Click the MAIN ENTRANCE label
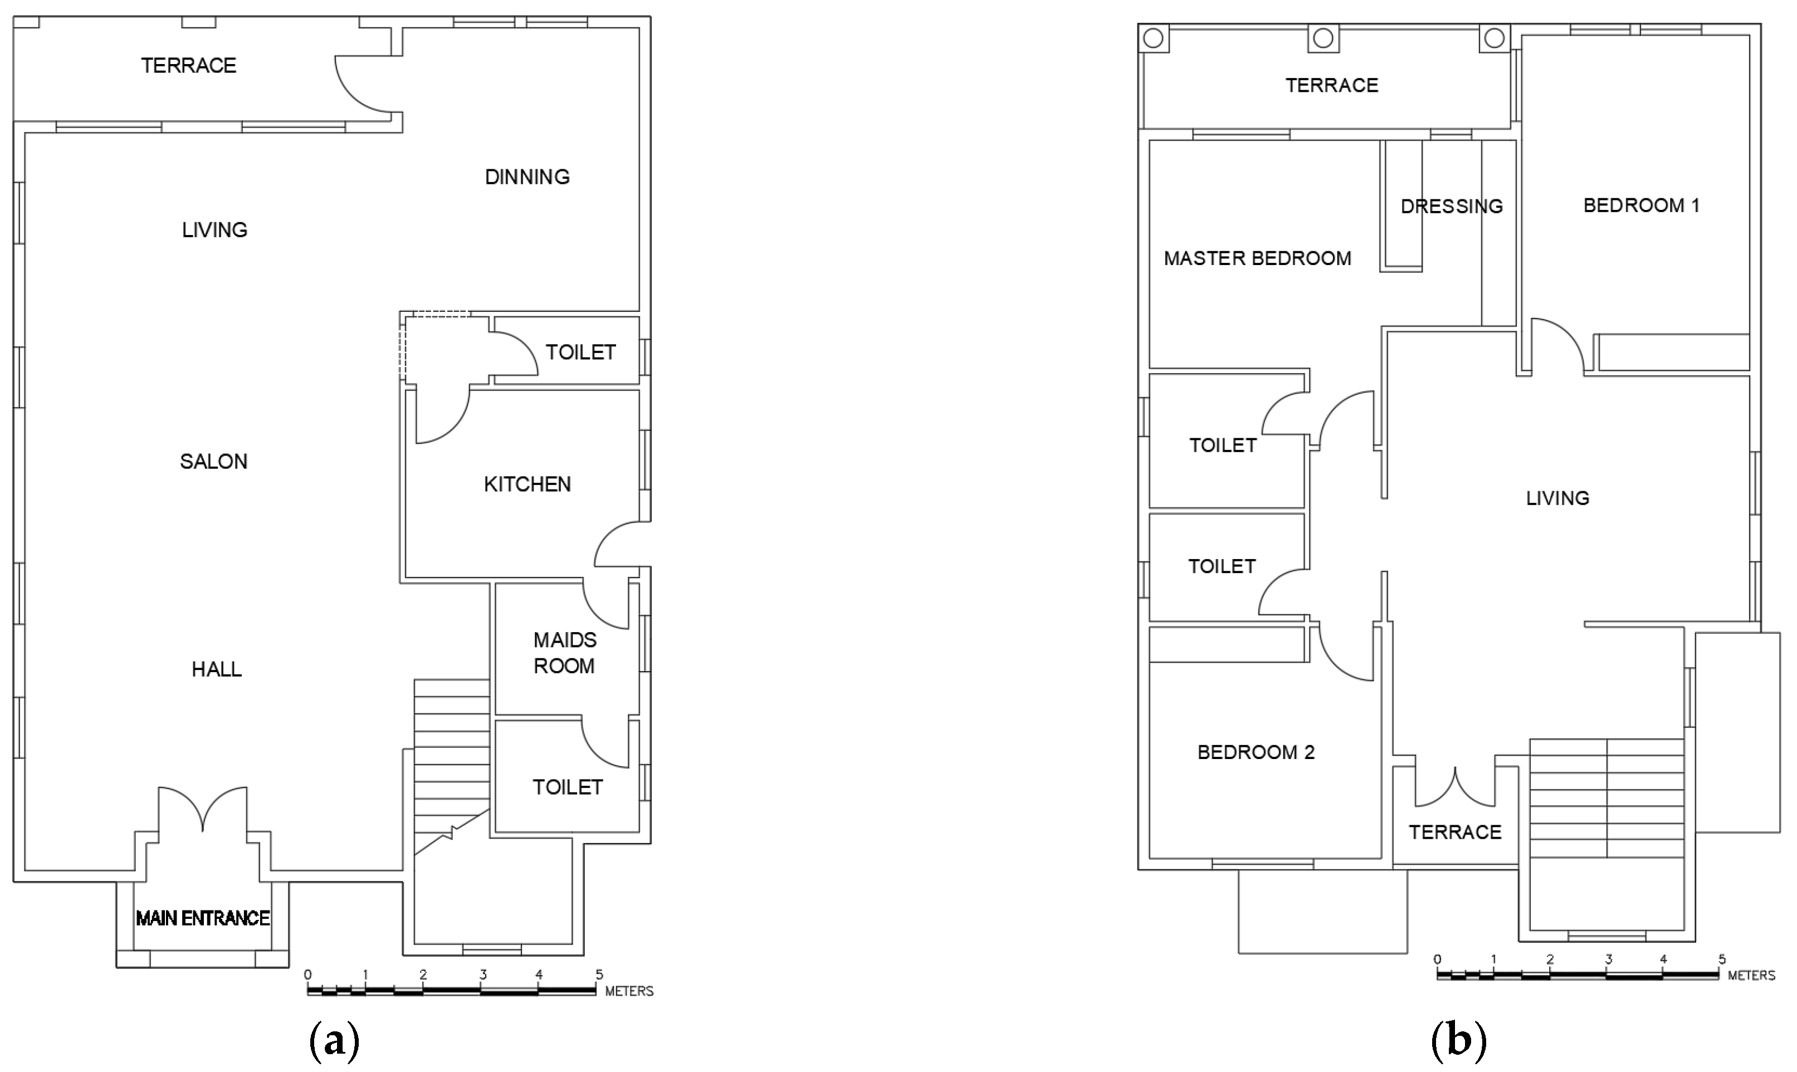[203, 918]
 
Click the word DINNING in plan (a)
[527, 177]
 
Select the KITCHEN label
[527, 484]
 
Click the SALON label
[213, 462]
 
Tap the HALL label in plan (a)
[216, 669]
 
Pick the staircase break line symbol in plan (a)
[452, 832]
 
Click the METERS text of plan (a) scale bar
[629, 992]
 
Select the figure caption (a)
[334, 1041]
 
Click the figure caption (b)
[1458, 1041]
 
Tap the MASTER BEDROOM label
[1257, 258]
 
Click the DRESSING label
[1451, 207]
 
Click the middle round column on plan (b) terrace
[1323, 38]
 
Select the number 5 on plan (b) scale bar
[1722, 960]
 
